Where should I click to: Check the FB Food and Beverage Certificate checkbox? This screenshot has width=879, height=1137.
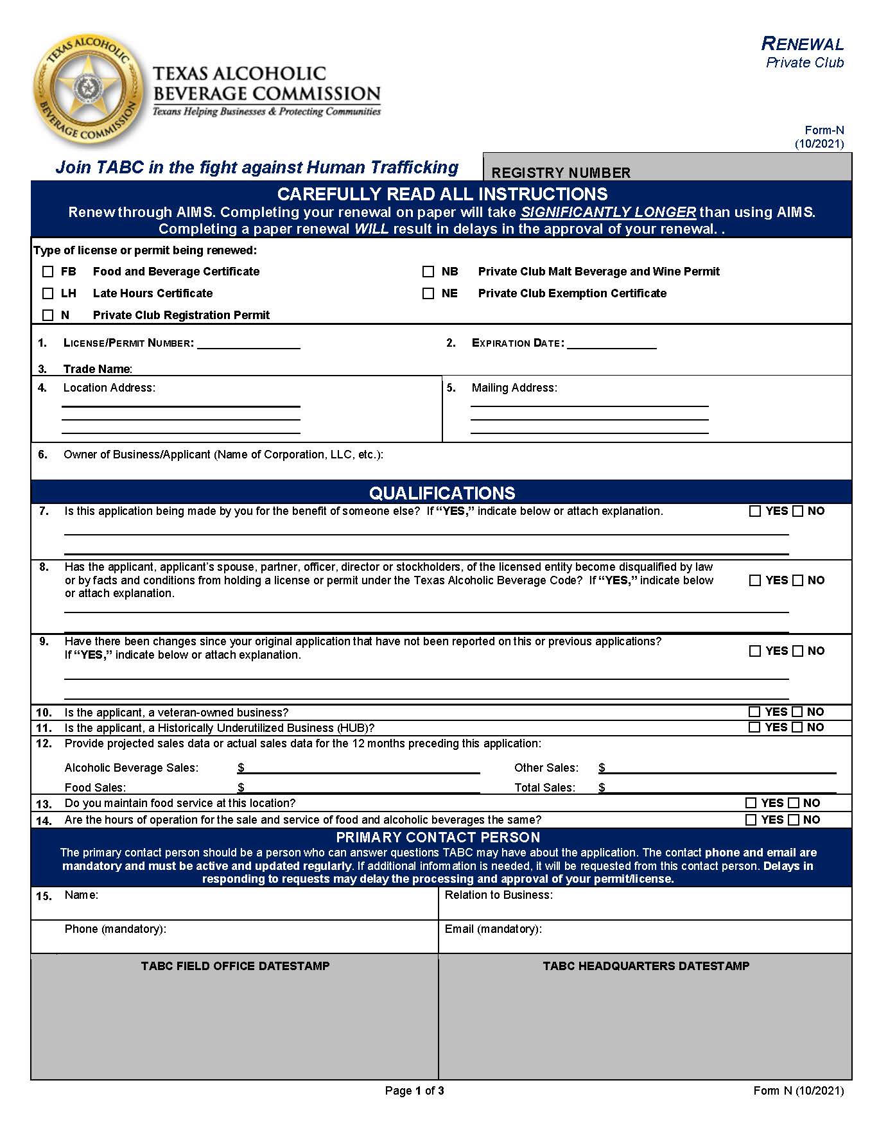coord(48,272)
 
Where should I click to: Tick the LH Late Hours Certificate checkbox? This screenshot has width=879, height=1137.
coord(48,293)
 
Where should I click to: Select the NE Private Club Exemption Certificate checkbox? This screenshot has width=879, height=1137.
coord(428,293)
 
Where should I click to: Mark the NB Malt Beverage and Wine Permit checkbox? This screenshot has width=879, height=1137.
coord(428,272)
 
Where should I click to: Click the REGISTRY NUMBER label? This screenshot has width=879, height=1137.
coord(561,173)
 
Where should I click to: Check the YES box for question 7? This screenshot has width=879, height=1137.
coord(755,512)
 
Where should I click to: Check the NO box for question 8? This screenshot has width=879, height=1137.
coord(798,580)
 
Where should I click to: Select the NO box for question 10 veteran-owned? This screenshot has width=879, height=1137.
coord(797,712)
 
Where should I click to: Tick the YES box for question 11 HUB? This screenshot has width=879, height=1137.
coord(755,727)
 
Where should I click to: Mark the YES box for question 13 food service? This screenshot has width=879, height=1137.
coord(751,803)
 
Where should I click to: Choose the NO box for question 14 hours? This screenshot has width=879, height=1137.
coord(794,820)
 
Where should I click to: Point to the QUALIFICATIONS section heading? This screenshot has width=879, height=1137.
coord(442,493)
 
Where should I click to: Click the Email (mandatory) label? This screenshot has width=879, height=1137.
coord(492,929)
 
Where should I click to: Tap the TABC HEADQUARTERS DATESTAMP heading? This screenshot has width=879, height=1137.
coord(645,966)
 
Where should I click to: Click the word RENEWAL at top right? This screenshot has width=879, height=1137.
coord(803,44)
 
